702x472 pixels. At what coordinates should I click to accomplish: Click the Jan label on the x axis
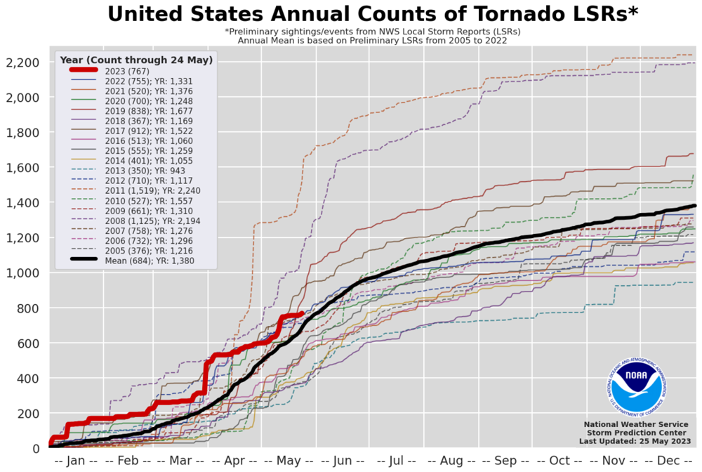(76, 460)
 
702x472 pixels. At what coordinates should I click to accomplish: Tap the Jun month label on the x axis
(343, 460)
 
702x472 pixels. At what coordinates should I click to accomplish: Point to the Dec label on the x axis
(668, 460)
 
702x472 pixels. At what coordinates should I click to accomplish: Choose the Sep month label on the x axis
(505, 460)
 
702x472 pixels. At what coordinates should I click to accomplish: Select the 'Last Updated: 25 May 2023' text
(635, 441)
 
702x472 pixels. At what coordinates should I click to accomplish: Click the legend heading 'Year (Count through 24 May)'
(136, 60)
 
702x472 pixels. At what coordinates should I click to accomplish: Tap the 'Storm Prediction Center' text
(635, 433)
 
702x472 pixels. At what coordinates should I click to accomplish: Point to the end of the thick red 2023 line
(302, 314)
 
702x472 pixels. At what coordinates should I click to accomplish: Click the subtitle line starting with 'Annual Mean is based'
(372, 41)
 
